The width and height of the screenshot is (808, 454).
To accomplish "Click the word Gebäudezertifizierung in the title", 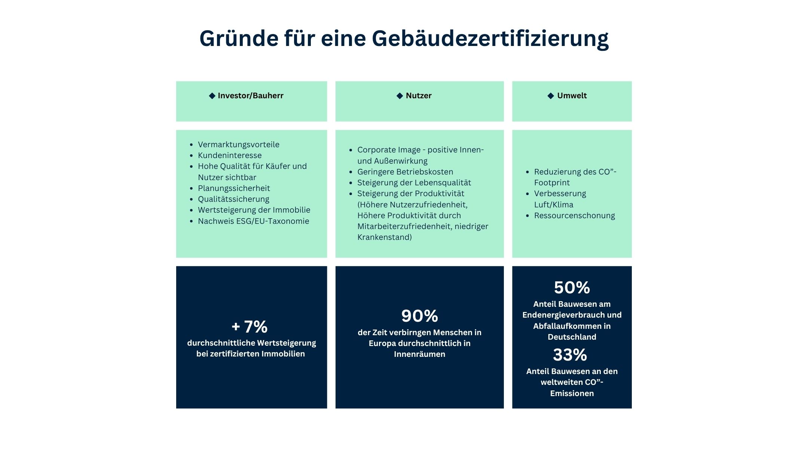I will click(x=490, y=38).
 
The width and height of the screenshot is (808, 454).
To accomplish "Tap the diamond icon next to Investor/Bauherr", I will click(x=212, y=96).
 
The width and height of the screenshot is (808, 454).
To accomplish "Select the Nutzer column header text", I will click(x=419, y=96).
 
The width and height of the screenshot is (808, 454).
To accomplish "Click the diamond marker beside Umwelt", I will click(x=551, y=96).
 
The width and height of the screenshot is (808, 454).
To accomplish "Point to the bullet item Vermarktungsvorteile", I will click(x=238, y=145).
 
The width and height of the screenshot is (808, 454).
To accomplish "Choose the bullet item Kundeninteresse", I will click(x=230, y=155).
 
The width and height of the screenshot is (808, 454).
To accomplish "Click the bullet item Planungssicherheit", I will click(x=234, y=188).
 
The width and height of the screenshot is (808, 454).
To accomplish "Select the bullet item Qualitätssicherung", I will click(x=233, y=199).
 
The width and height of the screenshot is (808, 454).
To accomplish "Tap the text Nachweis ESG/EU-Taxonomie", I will click(x=253, y=221).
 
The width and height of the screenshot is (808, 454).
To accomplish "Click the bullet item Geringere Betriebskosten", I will click(x=405, y=172).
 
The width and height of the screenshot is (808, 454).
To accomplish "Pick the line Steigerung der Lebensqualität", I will click(x=414, y=183).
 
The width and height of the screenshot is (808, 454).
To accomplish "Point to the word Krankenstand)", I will click(x=384, y=237).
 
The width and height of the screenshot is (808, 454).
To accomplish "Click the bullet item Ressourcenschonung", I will click(x=574, y=216).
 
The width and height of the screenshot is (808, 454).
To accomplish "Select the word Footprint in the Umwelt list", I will click(x=552, y=183).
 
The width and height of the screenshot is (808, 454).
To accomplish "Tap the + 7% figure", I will click(x=250, y=327).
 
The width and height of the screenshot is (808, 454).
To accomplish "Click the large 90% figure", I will click(x=419, y=316).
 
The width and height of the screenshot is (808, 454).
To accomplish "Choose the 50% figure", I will click(x=572, y=288).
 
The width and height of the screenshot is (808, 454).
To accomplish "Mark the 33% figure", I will click(x=570, y=355).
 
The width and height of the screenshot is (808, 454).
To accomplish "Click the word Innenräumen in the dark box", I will click(x=419, y=354).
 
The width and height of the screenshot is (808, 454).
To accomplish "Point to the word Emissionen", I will click(x=572, y=393).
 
